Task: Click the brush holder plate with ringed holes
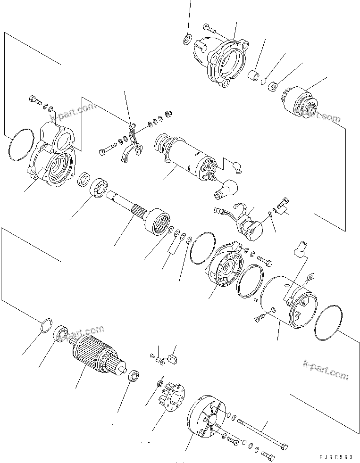pyautogui.click(x=173, y=399)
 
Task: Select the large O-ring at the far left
pyautogui.click(x=20, y=146)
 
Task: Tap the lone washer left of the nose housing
pyautogui.click(x=186, y=39)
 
